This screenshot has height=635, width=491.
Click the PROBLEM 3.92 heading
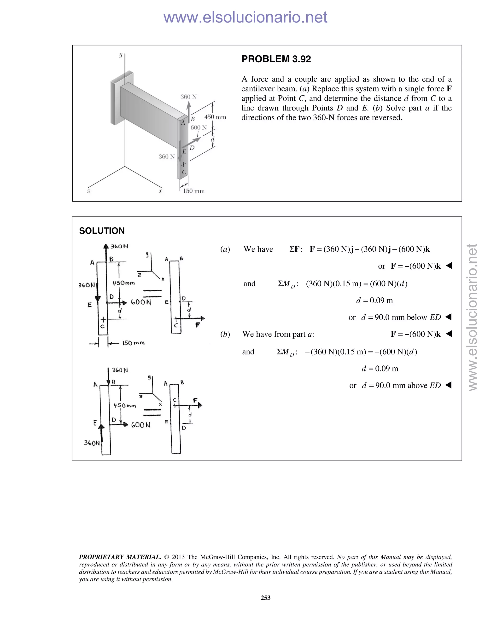(x=276, y=59)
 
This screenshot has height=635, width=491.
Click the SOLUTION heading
(x=102, y=231)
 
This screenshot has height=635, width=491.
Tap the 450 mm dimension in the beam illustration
(x=215, y=117)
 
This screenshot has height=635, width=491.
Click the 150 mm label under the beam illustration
(x=193, y=191)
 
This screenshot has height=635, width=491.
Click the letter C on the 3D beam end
(x=184, y=172)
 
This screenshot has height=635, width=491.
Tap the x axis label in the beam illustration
(x=160, y=191)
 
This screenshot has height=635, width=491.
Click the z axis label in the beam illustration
(x=88, y=191)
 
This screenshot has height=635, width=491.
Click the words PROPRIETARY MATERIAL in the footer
(x=120, y=557)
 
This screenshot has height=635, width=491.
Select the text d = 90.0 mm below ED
(x=401, y=317)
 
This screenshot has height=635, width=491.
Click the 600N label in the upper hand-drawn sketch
(x=141, y=302)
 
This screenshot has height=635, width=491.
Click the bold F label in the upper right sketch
(x=198, y=325)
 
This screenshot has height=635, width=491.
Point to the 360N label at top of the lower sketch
(x=120, y=370)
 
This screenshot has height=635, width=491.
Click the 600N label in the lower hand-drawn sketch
(x=141, y=425)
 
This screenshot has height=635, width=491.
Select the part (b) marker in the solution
(x=225, y=334)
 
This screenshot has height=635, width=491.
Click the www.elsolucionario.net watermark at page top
(x=245, y=17)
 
